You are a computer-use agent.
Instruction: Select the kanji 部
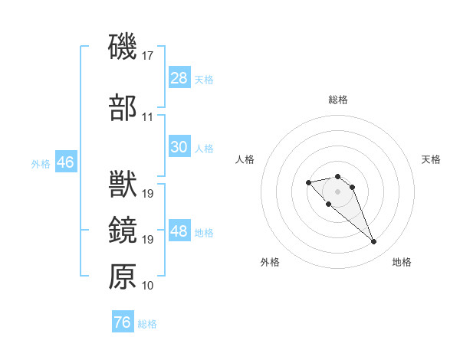click(123, 108)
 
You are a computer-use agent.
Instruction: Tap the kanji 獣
click(123, 185)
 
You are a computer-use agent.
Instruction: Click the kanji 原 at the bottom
click(123, 277)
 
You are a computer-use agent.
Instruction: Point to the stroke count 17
click(148, 56)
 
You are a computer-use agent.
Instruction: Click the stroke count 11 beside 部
click(148, 118)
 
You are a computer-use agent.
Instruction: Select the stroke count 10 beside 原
click(148, 286)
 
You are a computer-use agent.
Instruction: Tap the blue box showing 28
click(179, 77)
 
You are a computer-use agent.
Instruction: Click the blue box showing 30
click(179, 147)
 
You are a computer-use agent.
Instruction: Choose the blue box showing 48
click(179, 231)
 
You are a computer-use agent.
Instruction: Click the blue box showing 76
click(122, 322)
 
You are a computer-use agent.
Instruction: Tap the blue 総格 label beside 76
click(147, 324)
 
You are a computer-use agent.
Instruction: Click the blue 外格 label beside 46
click(41, 163)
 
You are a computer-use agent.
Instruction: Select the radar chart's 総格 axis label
click(338, 100)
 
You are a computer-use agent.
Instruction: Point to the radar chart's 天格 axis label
click(431, 159)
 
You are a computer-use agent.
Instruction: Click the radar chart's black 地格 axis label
click(402, 262)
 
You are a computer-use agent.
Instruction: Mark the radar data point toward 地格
click(374, 242)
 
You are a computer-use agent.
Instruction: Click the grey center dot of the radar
click(338, 191)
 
